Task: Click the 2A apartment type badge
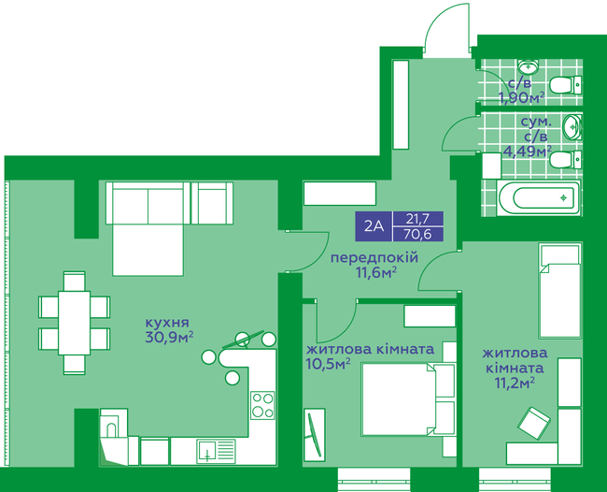coord(374,226)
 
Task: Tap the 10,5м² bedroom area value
coord(328,364)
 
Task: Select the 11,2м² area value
coord(514,382)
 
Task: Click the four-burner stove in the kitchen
coord(262,405)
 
